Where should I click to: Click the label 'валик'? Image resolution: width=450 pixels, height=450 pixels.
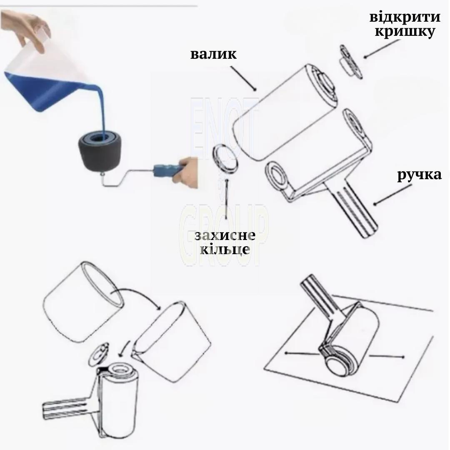coord(213,54)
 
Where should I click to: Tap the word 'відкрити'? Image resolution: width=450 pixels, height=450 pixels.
coord(405,17)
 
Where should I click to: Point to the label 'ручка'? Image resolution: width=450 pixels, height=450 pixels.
coord(419,175)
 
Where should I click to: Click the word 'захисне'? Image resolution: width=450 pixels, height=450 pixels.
coord(225,235)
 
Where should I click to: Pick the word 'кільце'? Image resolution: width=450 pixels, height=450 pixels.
coord(225,248)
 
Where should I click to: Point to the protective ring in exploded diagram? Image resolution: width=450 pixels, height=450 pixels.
coord(225,158)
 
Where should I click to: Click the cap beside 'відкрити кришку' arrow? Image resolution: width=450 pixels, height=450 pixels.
coord(351,61)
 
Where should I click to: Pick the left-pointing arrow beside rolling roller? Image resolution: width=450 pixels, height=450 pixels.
coord(301,354)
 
